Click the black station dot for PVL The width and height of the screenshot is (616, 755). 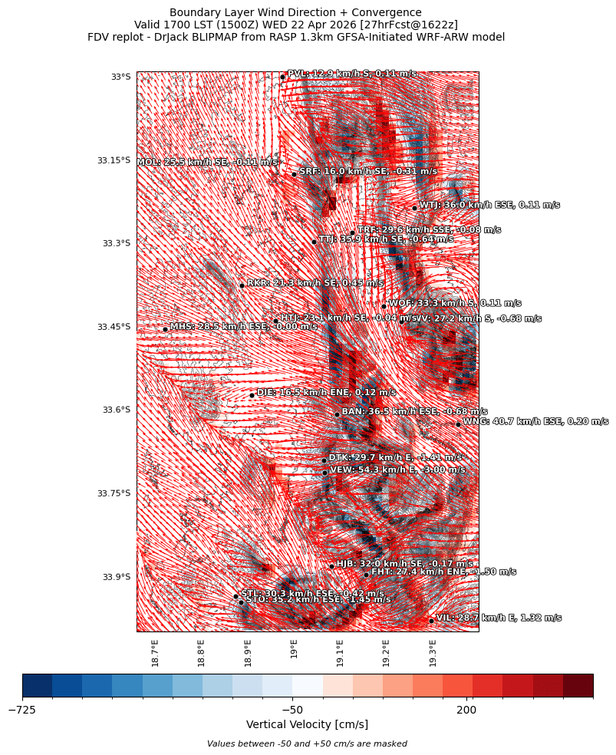(x=282, y=77)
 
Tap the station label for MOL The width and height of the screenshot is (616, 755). (x=207, y=163)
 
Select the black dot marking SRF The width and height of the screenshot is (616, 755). (x=294, y=174)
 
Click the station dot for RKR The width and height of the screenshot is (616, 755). (x=242, y=285)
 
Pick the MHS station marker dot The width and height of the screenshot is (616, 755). (x=165, y=330)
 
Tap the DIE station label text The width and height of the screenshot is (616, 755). (x=326, y=393)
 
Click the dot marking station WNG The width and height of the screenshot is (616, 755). (x=458, y=424)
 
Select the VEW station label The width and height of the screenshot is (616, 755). (x=397, y=470)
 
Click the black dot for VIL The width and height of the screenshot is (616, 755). (x=431, y=621)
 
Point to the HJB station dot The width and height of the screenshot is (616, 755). (x=331, y=567)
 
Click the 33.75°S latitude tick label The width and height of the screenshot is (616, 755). (x=114, y=493)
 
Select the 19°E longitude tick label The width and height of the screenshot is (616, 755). (x=295, y=650)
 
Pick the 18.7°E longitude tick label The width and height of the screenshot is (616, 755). (x=156, y=652)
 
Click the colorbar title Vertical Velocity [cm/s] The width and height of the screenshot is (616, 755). (x=307, y=725)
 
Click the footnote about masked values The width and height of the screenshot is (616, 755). (x=307, y=744)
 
